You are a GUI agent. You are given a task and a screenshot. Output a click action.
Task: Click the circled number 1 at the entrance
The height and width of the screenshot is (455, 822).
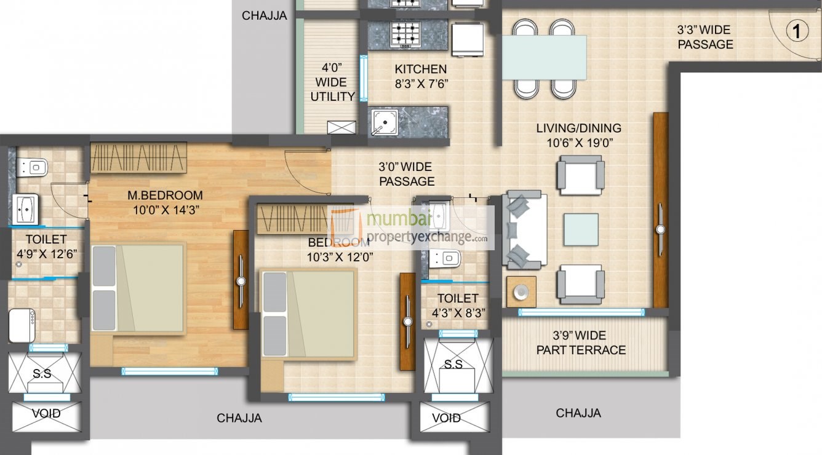pyautogui.click(x=797, y=31)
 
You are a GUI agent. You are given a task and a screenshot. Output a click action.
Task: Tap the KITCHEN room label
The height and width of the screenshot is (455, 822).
pyautogui.click(x=421, y=69)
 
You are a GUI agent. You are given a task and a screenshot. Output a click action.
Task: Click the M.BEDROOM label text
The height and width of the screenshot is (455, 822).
pyautogui.click(x=165, y=196)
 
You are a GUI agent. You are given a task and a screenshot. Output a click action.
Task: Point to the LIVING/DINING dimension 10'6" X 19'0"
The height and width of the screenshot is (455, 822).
pyautogui.click(x=578, y=143)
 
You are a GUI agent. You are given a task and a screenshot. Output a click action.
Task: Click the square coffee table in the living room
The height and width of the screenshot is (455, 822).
pyautogui.click(x=581, y=230)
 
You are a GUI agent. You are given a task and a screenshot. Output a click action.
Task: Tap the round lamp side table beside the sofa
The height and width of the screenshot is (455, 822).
pyautogui.click(x=521, y=291)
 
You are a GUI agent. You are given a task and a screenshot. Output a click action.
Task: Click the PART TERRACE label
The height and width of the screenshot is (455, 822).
pyautogui.click(x=580, y=350)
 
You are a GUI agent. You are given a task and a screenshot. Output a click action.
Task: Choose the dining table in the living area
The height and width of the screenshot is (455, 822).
pyautogui.click(x=544, y=57)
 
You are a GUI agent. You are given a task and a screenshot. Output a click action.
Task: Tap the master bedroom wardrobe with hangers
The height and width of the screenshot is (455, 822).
pyautogui.click(x=138, y=158)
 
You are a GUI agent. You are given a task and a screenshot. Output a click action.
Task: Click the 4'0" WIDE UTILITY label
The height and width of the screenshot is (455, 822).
pyautogui.click(x=332, y=82)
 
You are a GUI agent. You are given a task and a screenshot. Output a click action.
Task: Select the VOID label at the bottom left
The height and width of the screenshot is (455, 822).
pyautogui.click(x=47, y=414)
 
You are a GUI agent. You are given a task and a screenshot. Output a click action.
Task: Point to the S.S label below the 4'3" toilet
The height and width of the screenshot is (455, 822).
pyautogui.click(x=453, y=365)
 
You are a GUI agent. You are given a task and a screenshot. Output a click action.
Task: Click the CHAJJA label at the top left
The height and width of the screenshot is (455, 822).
pyautogui.click(x=264, y=16)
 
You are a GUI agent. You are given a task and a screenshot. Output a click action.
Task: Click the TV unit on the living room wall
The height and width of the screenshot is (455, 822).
pyautogui.click(x=660, y=210)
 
